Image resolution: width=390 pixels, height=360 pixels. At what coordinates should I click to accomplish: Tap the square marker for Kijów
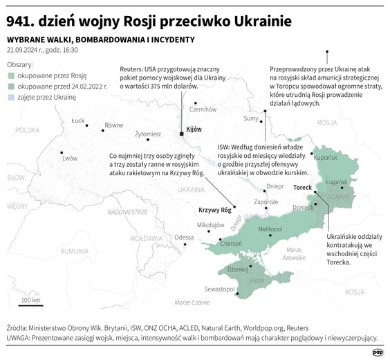[x=181, y=134]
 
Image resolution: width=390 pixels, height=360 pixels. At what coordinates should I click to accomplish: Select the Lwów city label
[x=70, y=159]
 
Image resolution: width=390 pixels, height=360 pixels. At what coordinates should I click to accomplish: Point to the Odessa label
[x=184, y=237]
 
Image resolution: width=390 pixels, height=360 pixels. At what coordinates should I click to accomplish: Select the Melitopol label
[x=270, y=228]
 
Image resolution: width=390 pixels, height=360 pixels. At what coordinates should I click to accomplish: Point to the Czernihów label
[x=203, y=109]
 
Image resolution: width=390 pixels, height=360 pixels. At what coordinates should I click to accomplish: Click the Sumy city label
[x=251, y=119]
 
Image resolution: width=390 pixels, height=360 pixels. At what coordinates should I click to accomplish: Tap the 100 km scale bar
[x=30, y=305]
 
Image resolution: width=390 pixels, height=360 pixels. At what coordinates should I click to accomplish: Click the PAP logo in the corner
[x=377, y=352]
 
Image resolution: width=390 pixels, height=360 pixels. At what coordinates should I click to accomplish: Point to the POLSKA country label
[x=29, y=129]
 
